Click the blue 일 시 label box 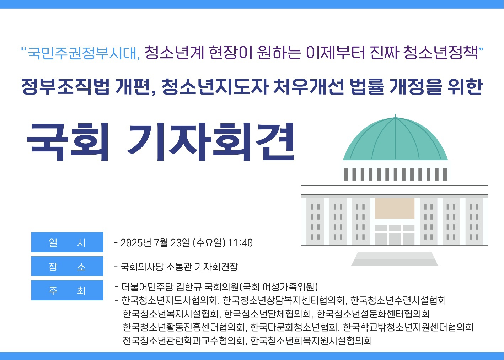click(67, 242)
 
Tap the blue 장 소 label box click(67, 266)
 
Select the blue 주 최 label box click(67, 290)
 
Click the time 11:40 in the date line click(240, 243)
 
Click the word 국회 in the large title click(68, 142)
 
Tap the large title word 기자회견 click(211, 142)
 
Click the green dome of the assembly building click(395, 140)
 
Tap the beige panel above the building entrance click(395, 208)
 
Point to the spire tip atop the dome click(395, 114)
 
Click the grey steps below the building click(395, 259)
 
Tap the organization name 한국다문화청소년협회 click(294, 327)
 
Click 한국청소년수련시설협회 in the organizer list click(398, 300)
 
